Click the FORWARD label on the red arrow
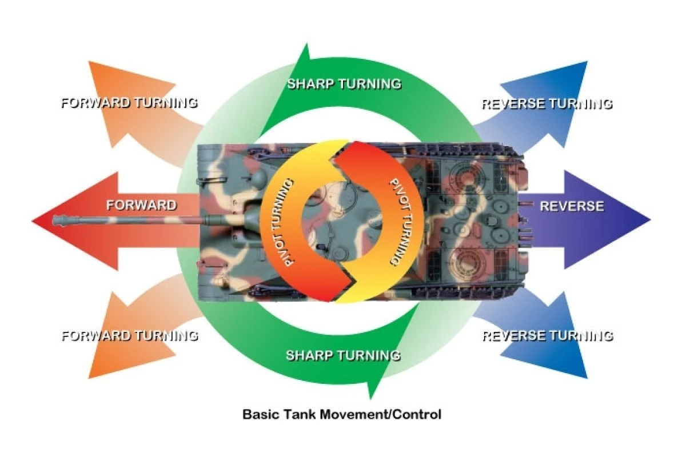point(141,205)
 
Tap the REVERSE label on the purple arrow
point(572,206)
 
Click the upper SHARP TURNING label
point(344,84)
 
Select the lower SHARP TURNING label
point(343,355)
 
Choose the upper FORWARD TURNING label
point(129,103)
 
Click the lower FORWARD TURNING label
point(129,335)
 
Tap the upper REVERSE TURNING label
point(547,104)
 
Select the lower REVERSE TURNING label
point(547,335)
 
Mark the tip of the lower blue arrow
point(586,377)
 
